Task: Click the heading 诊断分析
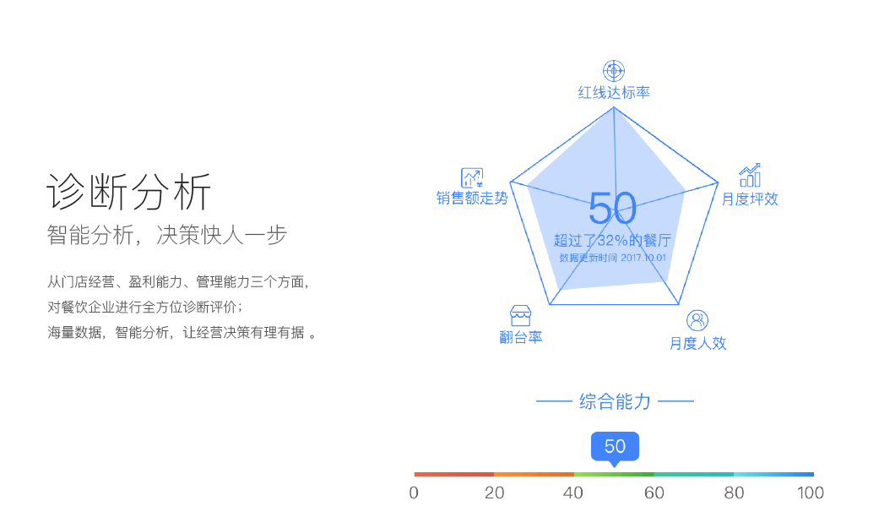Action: coord(129,191)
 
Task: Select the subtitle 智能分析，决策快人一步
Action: coord(167,235)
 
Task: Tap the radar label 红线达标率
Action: coord(614,93)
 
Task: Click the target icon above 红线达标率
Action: coord(614,71)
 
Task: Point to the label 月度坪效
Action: coord(750,199)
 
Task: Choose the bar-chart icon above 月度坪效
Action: coord(750,176)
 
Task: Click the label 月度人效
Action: coord(698,343)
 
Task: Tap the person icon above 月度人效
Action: coord(697,320)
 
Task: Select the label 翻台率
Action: coord(521,337)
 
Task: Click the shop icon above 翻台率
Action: coord(520,316)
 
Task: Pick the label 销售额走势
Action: coord(472,198)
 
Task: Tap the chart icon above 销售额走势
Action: coord(472,177)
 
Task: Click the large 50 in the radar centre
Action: coord(613,208)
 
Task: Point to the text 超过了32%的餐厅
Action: coord(612,241)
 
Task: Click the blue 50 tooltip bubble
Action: coord(615,447)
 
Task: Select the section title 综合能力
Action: coord(615,401)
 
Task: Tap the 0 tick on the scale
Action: coord(414,493)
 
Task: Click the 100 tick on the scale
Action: coord(811,493)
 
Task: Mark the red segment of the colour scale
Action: coord(454,475)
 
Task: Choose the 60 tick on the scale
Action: coord(654,493)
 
